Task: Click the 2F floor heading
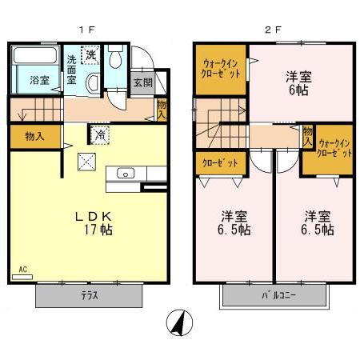point(273,30)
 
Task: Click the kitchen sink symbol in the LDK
point(127,173)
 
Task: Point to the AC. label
point(24,271)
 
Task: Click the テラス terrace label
point(90,295)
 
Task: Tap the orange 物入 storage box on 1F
point(35,136)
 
